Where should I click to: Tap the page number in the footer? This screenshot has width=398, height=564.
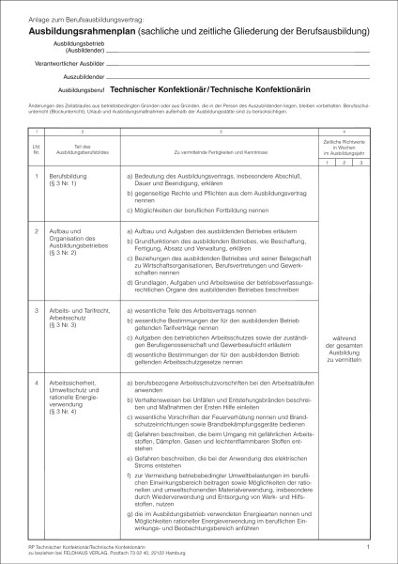[369, 545]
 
